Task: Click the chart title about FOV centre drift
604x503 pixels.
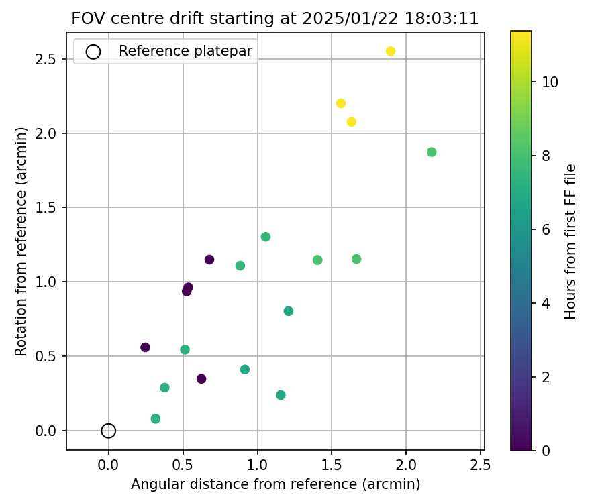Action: click(275, 19)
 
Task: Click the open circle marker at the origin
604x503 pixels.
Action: click(109, 431)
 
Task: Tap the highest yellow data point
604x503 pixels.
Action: click(391, 51)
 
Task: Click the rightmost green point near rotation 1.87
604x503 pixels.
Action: click(432, 152)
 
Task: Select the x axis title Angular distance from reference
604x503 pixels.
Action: click(275, 484)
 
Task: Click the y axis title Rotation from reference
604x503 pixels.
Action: click(21, 241)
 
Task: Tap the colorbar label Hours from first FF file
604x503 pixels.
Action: click(571, 241)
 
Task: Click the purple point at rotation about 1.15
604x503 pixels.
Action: click(209, 260)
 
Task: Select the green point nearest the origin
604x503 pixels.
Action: click(156, 418)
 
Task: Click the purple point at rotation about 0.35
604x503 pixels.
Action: click(201, 379)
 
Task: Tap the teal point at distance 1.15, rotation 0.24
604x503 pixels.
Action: click(281, 395)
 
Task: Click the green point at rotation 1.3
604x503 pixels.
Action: click(266, 237)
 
